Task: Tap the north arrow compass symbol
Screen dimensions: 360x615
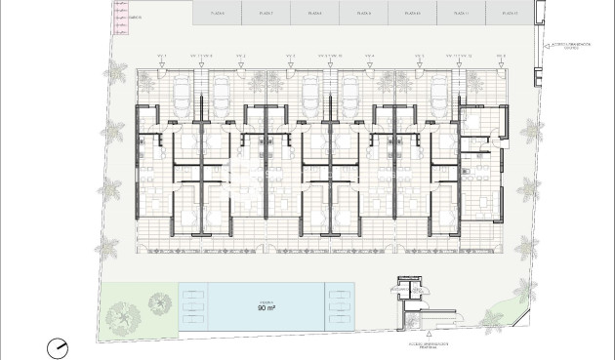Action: click(x=60, y=346)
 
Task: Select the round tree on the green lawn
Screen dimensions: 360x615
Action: click(x=125, y=314)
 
